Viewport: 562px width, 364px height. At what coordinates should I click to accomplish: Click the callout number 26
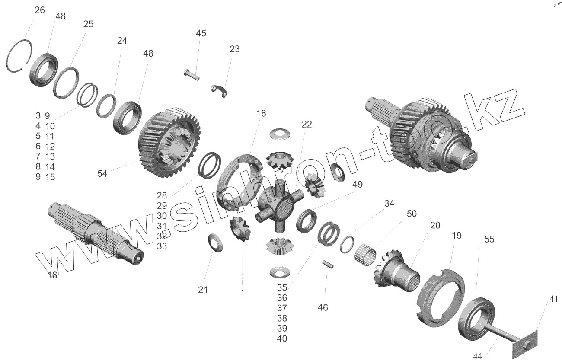coord(39,10)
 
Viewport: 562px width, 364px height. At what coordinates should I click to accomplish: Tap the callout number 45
coord(201,33)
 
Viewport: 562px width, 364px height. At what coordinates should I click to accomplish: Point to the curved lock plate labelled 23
coord(220,90)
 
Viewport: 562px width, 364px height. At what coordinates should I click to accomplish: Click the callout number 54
coord(102,173)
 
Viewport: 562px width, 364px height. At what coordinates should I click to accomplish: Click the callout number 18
coord(261,113)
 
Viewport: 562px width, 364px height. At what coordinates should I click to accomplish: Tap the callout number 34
coord(389,204)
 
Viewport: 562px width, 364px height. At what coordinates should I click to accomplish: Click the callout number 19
coord(457,235)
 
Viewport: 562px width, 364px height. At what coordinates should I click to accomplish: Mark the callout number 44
coord(478,356)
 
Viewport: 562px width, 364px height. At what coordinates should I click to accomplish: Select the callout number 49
coord(357,184)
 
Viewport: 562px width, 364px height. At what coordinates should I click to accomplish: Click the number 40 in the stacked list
coord(282,338)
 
